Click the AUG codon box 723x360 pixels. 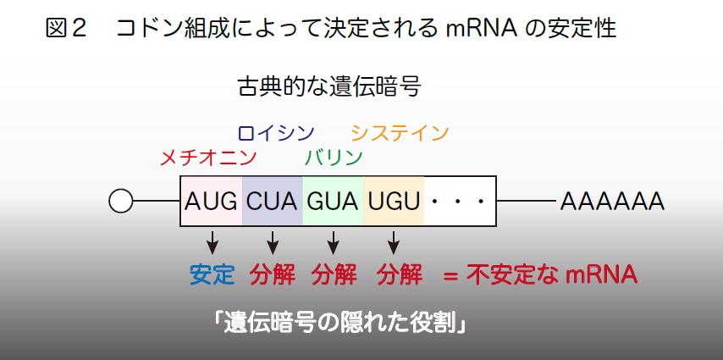click(211, 202)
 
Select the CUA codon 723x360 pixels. click(272, 202)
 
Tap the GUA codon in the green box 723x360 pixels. click(333, 202)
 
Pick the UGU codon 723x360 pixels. click(394, 202)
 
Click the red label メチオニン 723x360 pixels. click(208, 158)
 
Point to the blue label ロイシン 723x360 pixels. click(276, 133)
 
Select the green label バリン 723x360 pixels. click(334, 158)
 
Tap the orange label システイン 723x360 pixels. click(400, 133)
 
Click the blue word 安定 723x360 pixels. click(212, 275)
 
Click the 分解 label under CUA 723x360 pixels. click(273, 275)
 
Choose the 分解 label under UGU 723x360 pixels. click(400, 275)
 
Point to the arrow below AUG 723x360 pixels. click(212, 242)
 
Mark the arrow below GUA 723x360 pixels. click(333, 242)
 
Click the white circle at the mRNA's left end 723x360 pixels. click(121, 202)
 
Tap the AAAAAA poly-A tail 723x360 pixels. click(612, 202)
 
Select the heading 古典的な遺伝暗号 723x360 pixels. click(329, 86)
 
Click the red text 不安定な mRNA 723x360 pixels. click(552, 275)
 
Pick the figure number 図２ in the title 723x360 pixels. click(66, 28)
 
